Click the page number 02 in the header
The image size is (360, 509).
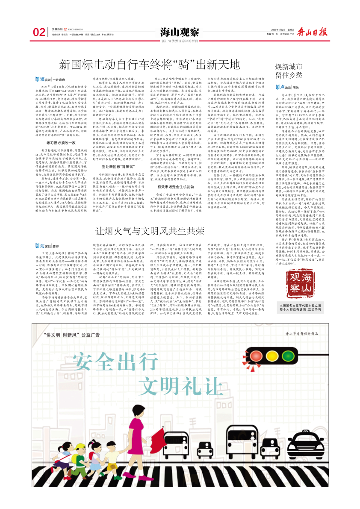39,32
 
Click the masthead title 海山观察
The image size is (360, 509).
180,32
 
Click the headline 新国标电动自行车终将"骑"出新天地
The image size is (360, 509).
150,65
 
